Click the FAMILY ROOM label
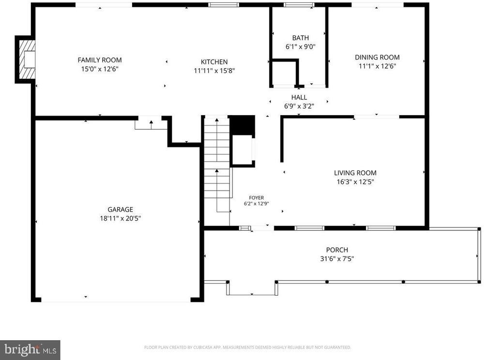point(99,60)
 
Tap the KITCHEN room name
point(214,62)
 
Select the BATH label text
point(301,38)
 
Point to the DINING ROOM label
point(377,57)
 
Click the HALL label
point(299,97)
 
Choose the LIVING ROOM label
point(355,173)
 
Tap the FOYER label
point(257,198)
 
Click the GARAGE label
point(121,210)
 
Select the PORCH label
point(337,250)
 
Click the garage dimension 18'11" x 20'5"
point(121,218)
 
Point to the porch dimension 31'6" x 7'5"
point(337,259)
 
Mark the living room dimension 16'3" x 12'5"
point(355,182)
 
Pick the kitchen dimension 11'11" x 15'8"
point(214,71)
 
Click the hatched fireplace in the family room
point(27,59)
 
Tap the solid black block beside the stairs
point(243,125)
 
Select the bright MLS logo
point(30,350)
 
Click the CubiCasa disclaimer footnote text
point(247,347)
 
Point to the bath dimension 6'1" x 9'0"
point(301,46)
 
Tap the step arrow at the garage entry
point(151,125)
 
